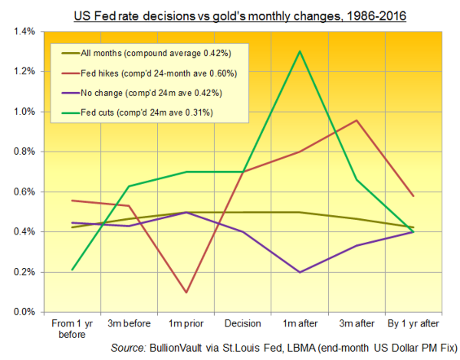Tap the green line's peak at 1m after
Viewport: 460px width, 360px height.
click(300, 51)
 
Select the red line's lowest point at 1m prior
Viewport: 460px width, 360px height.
click(186, 293)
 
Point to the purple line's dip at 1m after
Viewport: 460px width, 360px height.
click(300, 272)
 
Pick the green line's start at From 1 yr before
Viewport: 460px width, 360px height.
click(72, 270)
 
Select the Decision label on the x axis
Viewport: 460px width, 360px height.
click(243, 324)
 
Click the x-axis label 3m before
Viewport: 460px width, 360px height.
click(129, 324)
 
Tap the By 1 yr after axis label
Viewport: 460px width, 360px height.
click(413, 324)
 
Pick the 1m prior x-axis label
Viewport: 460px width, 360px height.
click(186, 324)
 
